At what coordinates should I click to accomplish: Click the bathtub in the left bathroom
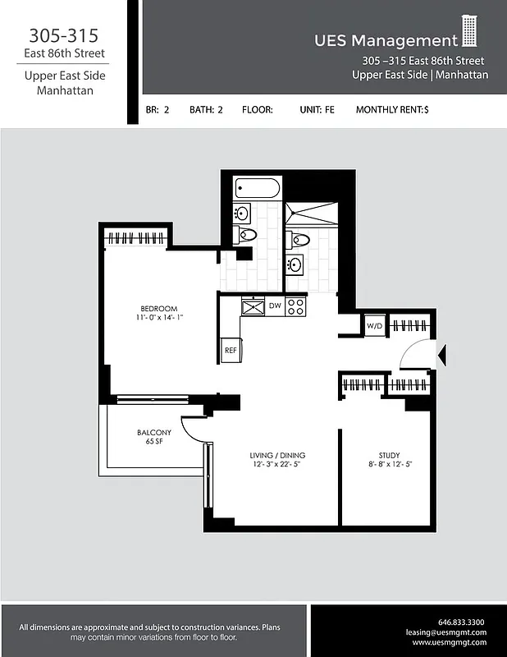coord(256,189)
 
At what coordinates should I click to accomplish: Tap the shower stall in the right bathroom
coord(312,215)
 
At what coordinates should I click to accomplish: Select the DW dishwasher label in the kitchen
coord(274,306)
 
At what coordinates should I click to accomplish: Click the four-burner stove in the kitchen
coord(295,306)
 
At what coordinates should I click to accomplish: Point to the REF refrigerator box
coord(231,350)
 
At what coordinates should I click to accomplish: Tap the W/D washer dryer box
coord(374,326)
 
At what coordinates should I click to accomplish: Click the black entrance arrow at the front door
coord(441,355)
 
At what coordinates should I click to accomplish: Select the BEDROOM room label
coord(158,309)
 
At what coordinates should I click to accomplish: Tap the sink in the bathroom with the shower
coord(295,264)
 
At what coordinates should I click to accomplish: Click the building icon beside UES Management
coord(469,31)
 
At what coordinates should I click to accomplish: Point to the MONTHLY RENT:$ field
coord(392,109)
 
